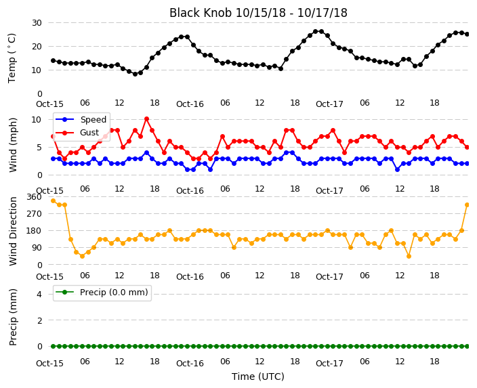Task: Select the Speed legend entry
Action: point(81,119)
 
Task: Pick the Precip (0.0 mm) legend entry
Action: point(102,293)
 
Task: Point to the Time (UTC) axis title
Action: point(258,376)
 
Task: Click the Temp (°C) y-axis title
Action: point(12,58)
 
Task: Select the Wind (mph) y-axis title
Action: point(13,145)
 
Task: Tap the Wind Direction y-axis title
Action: point(13,231)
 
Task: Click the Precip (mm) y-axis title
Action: point(13,317)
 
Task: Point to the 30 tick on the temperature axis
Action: point(37,23)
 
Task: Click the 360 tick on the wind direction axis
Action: point(34,197)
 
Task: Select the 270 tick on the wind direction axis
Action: point(34,214)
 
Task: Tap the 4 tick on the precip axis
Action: point(39,295)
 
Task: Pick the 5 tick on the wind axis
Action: point(39,148)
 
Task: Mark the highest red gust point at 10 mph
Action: point(146,119)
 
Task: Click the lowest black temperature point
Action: point(135,74)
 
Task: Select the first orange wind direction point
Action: point(54,200)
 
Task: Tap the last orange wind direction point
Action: point(468,205)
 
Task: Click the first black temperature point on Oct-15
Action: point(54,60)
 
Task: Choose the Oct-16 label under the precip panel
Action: point(190,364)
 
